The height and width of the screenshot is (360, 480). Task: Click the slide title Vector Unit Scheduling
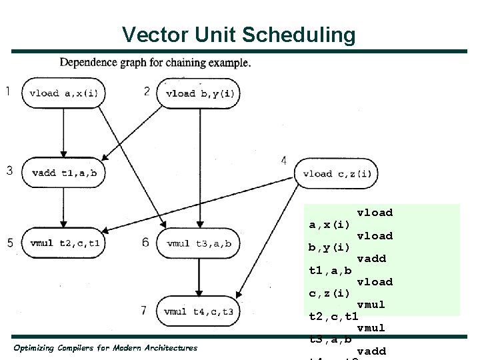[x=239, y=35]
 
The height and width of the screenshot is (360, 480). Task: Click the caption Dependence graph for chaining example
[x=155, y=63]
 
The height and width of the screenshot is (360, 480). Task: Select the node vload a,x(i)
[x=64, y=93]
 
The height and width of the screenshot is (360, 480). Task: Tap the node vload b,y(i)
[x=199, y=93]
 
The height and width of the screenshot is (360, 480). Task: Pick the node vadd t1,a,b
[x=64, y=173]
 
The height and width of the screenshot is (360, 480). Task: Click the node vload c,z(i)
[x=337, y=174]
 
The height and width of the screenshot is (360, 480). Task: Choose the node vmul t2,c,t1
[x=64, y=243]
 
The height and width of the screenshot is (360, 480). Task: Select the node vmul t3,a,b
[x=199, y=243]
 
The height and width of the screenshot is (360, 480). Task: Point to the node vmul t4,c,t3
[x=199, y=311]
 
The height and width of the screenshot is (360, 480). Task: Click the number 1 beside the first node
[x=7, y=91]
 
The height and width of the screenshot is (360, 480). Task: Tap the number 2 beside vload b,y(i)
[x=147, y=91]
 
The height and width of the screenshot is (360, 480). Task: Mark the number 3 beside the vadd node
[x=9, y=171]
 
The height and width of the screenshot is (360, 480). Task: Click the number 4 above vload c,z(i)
[x=284, y=161]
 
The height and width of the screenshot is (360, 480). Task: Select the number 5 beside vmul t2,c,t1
[x=10, y=243]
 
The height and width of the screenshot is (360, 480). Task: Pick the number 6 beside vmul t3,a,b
[x=145, y=242]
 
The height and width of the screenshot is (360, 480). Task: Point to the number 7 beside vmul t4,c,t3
[x=143, y=309]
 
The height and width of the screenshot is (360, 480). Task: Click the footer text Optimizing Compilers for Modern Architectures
[x=105, y=348]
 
